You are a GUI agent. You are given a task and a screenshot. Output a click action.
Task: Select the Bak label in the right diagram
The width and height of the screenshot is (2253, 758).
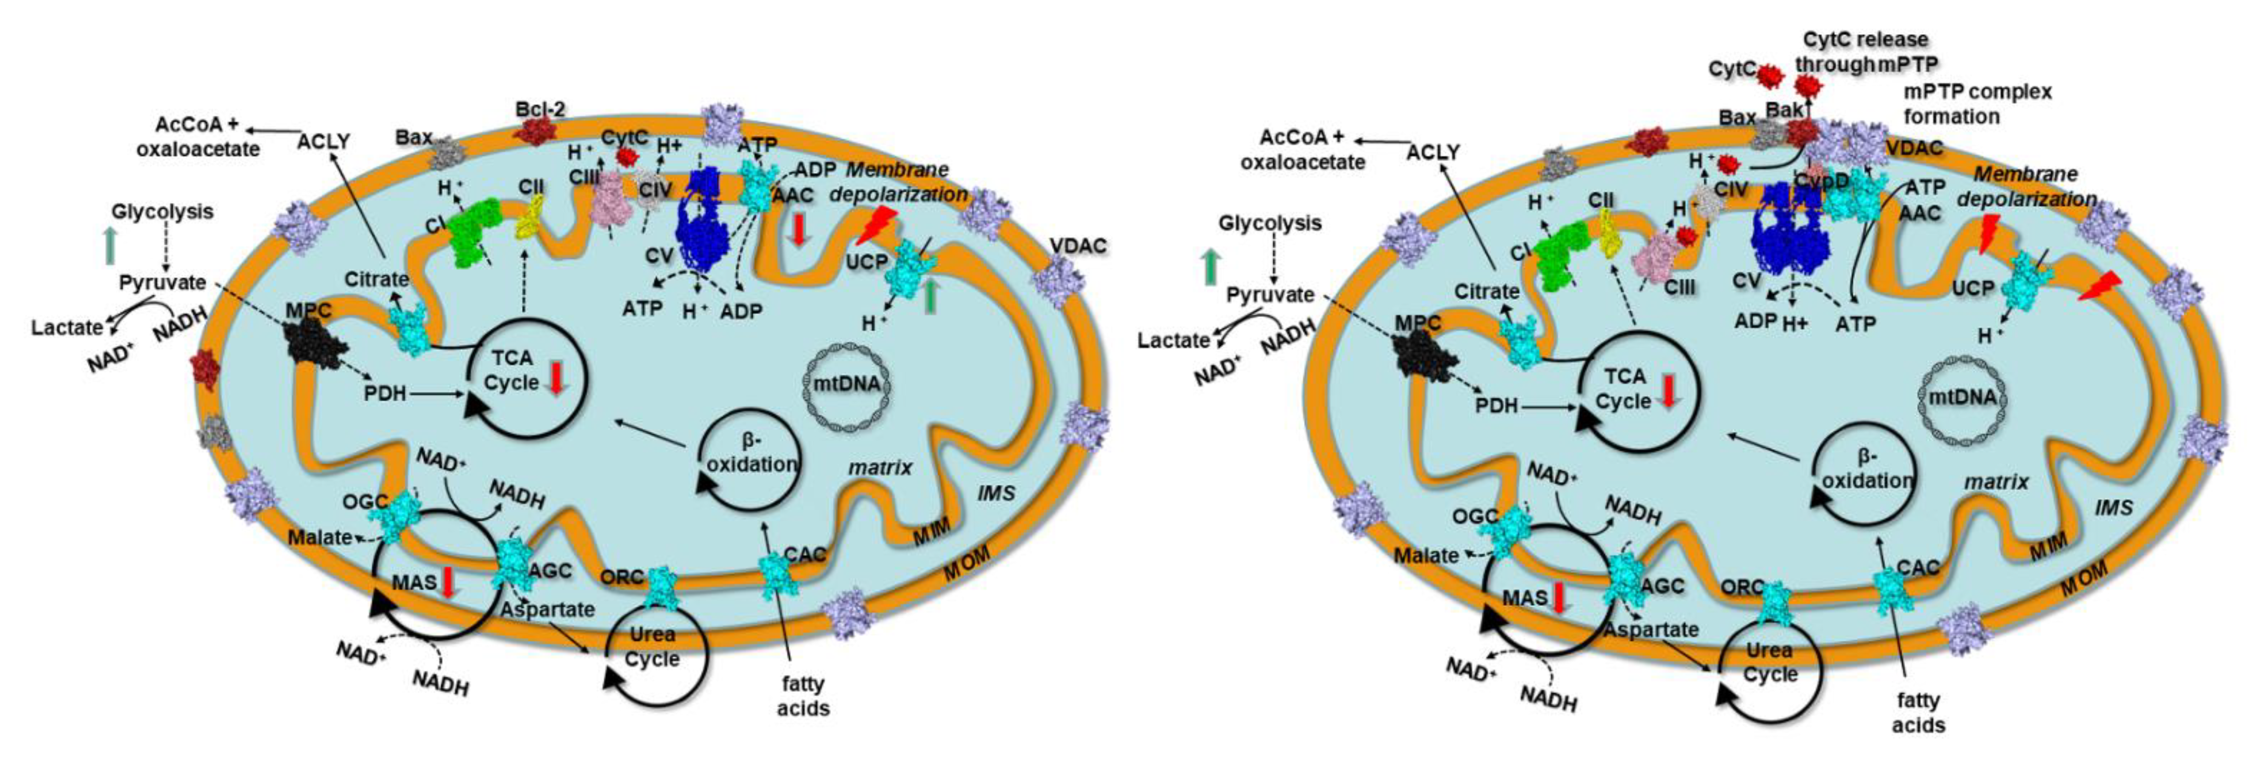click(1784, 110)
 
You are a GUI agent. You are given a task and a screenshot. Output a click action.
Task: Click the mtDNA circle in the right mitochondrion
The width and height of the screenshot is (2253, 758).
click(1962, 397)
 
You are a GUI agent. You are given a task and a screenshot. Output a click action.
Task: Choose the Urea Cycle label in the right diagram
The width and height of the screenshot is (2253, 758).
click(1770, 663)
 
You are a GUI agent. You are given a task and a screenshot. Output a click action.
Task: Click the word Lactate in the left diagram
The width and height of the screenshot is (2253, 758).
click(67, 328)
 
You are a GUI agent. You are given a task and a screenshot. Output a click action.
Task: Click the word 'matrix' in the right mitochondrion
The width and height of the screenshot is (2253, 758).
click(1996, 482)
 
